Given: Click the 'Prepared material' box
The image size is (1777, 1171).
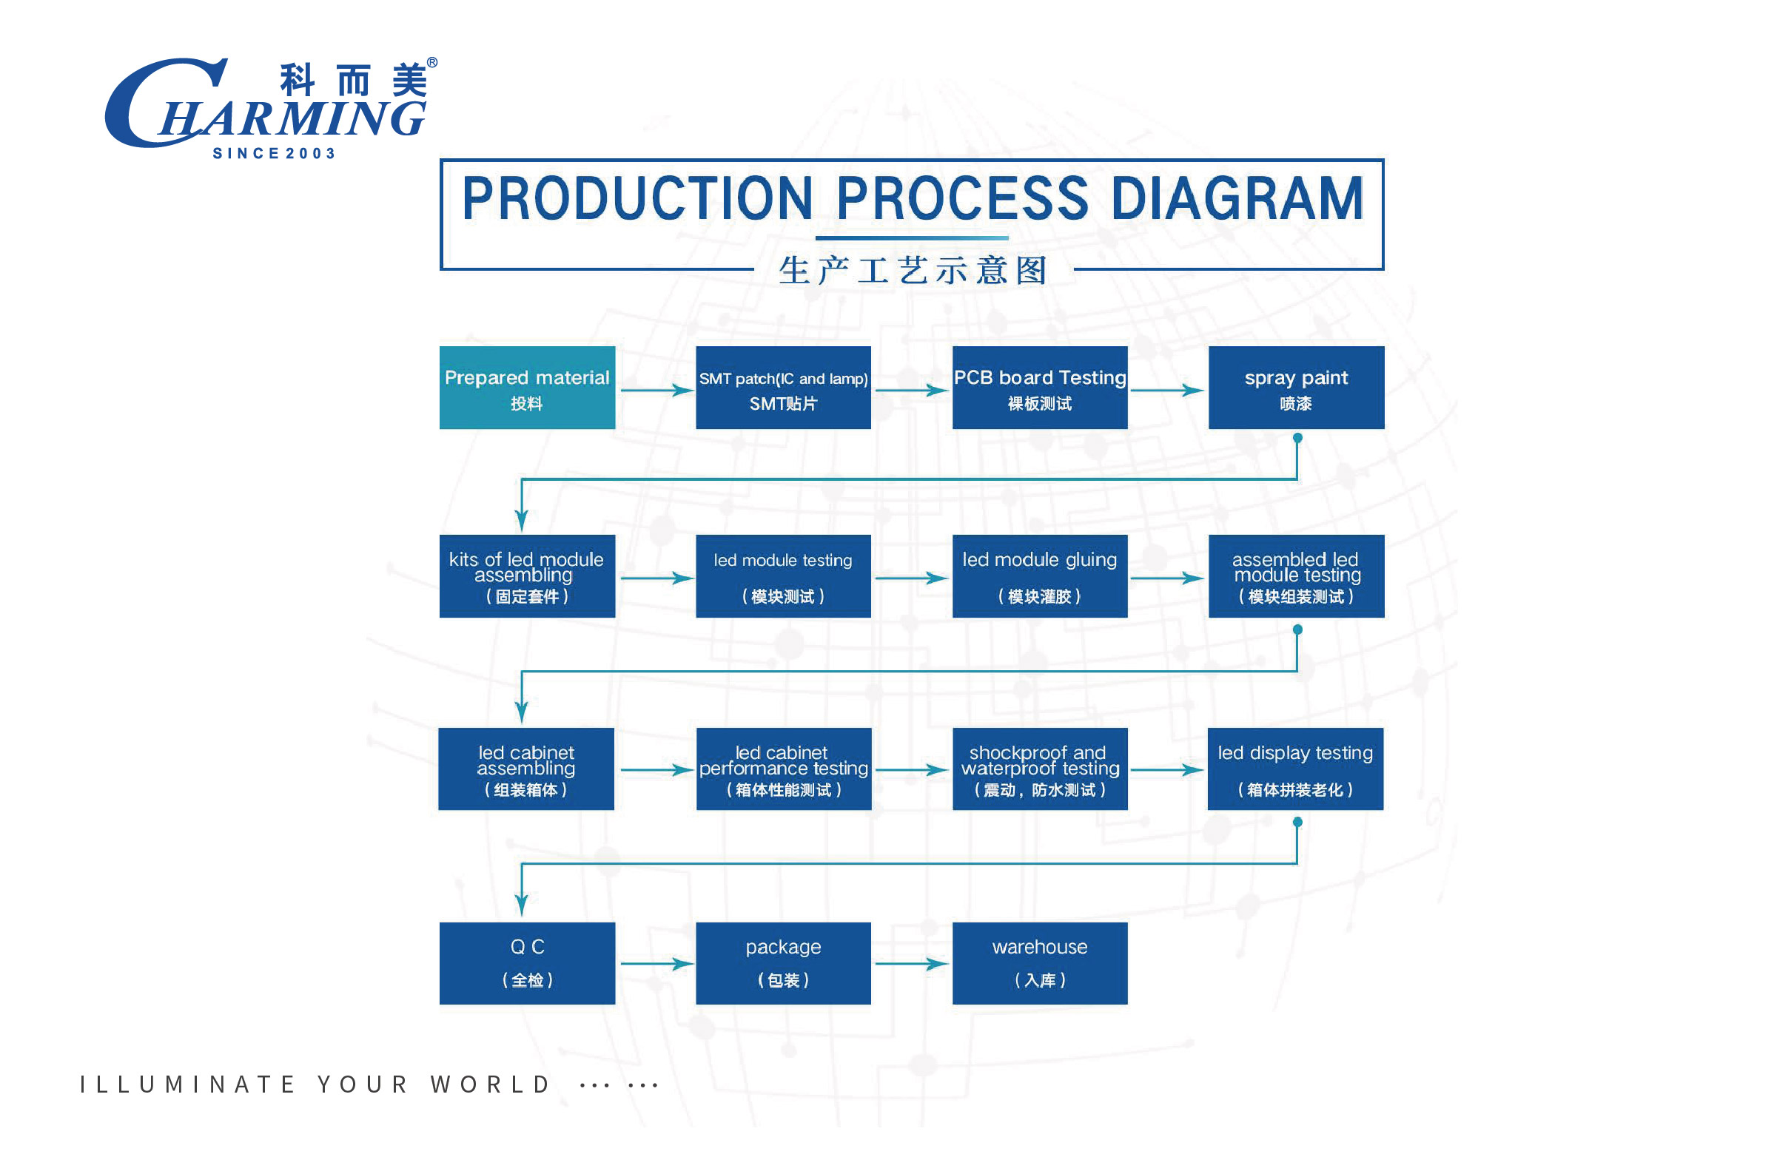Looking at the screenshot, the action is click(x=528, y=388).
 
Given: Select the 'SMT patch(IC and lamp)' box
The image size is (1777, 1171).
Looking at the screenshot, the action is click(x=784, y=388).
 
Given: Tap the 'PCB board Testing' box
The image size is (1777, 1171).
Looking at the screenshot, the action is click(x=1040, y=388).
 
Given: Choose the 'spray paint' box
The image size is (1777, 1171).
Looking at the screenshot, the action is click(x=1297, y=388).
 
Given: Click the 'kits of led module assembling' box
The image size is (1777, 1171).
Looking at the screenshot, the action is click(x=528, y=576).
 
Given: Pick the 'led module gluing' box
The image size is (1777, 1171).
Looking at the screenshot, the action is click(x=1040, y=576).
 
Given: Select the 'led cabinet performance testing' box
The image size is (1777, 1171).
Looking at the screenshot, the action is click(x=784, y=769).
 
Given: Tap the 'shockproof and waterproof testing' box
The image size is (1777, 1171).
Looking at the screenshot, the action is click(x=1040, y=769).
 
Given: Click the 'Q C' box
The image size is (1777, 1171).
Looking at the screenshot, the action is click(x=528, y=963).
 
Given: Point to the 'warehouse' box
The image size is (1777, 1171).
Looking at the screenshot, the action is click(x=1040, y=963).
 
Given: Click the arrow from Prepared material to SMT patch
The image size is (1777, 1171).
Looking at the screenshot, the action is click(x=656, y=390).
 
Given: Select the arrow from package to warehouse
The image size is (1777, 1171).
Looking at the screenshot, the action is click(x=912, y=964).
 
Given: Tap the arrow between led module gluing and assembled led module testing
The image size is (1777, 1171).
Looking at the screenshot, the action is click(x=1166, y=578).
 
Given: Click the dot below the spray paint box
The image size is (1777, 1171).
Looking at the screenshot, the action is click(x=1297, y=439).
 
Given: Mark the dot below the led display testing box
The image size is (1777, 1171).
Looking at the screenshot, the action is click(x=1297, y=823).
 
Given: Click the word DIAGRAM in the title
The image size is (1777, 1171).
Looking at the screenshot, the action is click(x=1237, y=199).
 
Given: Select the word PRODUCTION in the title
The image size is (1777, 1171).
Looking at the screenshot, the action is click(x=637, y=199).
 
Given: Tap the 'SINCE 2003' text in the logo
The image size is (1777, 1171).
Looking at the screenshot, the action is click(x=274, y=153).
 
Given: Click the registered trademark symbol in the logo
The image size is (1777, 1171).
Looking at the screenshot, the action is click(x=431, y=63).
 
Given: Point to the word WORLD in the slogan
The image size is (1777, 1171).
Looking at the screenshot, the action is click(x=490, y=1084).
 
